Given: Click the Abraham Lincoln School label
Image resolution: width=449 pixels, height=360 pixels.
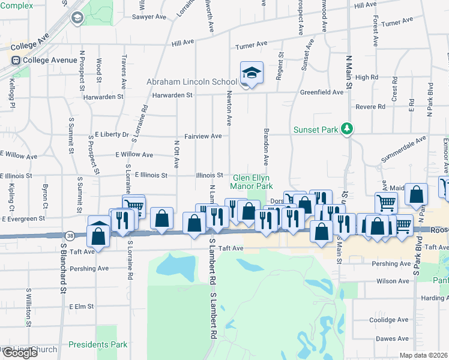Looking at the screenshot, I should tap(192, 82).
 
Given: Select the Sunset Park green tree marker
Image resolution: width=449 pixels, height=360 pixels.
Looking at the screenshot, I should tap(346, 128).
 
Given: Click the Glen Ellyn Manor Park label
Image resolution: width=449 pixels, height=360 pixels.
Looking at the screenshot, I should tap(252, 182).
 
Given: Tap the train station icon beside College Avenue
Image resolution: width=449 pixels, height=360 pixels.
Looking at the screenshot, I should tap(14, 60).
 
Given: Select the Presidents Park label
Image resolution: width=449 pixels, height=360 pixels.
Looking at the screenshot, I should tap(97, 345).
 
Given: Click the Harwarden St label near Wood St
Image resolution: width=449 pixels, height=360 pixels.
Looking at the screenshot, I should tap(104, 96).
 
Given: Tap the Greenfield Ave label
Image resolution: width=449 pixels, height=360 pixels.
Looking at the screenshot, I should tap(322, 92).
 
